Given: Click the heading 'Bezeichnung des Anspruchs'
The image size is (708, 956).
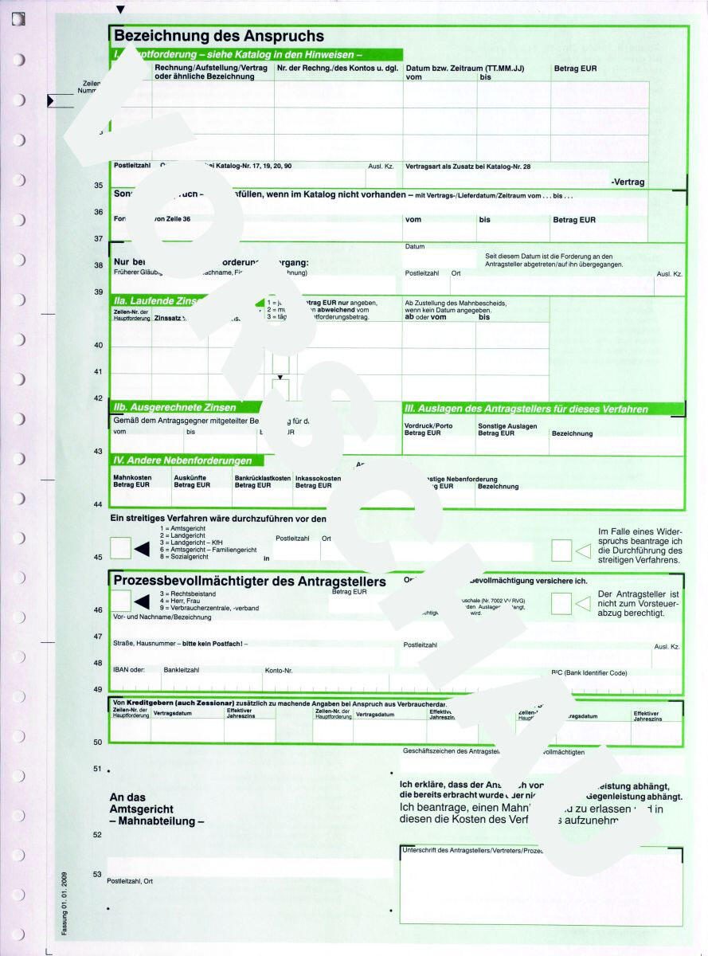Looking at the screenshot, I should tap(219, 36).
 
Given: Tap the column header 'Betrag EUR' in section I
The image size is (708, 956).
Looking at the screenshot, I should tap(575, 69).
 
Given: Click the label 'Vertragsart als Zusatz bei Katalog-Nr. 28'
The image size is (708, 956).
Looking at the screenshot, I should tap(467, 166).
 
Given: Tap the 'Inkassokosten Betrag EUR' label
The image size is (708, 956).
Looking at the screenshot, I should tap(318, 481).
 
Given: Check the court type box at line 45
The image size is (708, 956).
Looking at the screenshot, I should tap(120, 548).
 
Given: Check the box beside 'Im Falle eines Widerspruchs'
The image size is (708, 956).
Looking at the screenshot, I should tap(561, 548).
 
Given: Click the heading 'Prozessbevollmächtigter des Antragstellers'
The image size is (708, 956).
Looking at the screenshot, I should tap(250, 582).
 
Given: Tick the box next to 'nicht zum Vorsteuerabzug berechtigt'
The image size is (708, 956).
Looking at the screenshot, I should tap(561, 603).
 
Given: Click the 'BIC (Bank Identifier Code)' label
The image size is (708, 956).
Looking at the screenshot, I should tap(589, 672).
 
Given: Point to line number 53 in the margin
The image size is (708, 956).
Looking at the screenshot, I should tap(98, 874).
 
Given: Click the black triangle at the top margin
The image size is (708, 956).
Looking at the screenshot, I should tap(120, 10).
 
